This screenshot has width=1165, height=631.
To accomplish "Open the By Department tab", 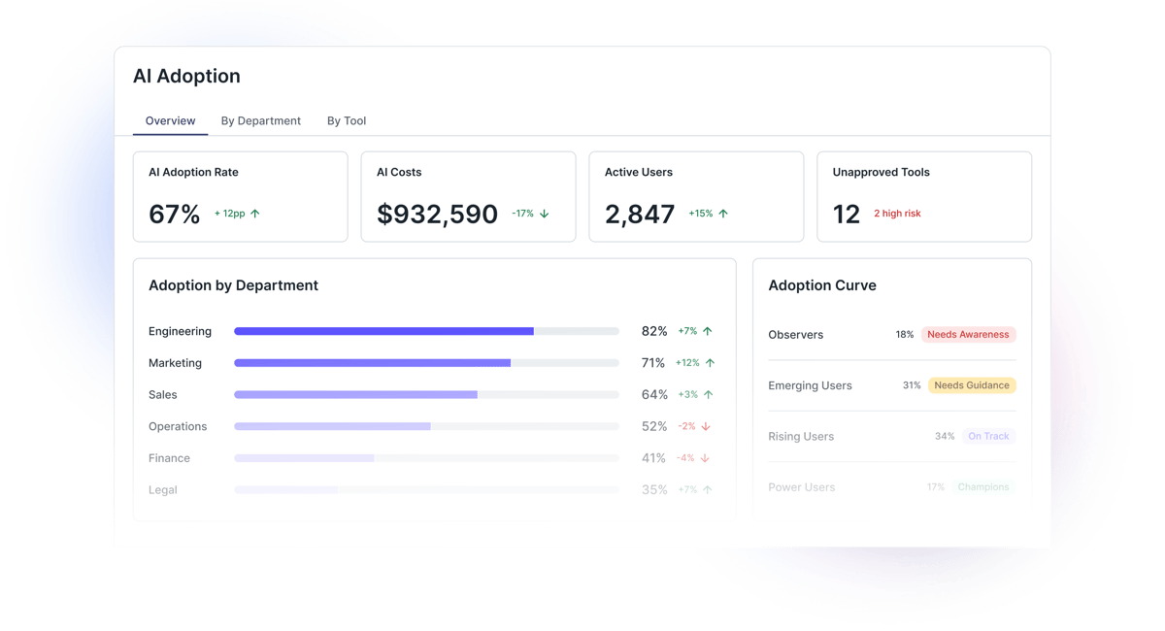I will click(x=261, y=121).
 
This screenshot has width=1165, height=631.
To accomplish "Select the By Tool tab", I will click(x=347, y=121).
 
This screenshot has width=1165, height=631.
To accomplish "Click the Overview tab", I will click(x=170, y=121).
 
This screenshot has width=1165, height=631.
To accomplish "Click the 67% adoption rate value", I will click(x=175, y=215).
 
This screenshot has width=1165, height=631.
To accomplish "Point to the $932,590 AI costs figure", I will click(x=437, y=215).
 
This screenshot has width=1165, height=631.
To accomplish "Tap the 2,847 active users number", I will click(x=640, y=215).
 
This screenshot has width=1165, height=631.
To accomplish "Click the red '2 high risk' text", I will click(x=897, y=214).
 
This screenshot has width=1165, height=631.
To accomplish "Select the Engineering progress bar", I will click(x=426, y=331).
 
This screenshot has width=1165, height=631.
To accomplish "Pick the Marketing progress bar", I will click(x=426, y=363).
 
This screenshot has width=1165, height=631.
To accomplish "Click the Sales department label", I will click(x=163, y=395).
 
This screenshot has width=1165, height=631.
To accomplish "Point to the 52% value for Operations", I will click(x=654, y=426).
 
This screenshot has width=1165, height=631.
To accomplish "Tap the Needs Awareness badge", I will click(x=968, y=334).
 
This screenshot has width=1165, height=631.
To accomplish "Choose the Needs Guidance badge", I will click(x=972, y=385).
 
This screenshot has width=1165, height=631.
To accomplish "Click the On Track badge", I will click(x=988, y=437).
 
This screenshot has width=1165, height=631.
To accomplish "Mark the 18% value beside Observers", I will click(x=905, y=335).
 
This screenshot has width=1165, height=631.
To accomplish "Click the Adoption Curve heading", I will click(x=822, y=285).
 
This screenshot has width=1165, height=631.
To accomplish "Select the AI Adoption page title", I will click(x=186, y=76).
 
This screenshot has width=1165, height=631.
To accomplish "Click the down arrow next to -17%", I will click(x=545, y=214).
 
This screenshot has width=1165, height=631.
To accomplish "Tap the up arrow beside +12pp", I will click(x=255, y=214).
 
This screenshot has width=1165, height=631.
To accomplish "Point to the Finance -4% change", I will click(x=685, y=458).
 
